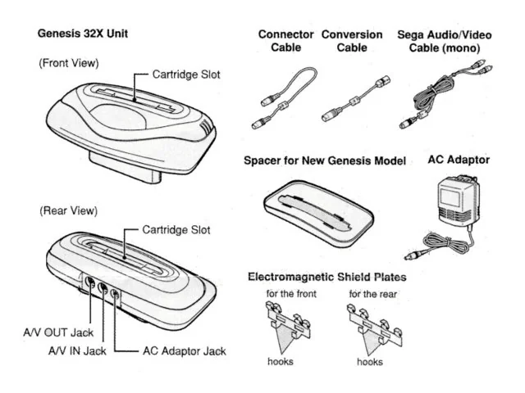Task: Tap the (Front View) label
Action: pyautogui.click(x=69, y=62)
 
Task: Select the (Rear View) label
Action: pyautogui.click(x=68, y=210)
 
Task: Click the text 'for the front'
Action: pyautogui.click(x=286, y=293)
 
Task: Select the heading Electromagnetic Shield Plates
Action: pyautogui.click(x=326, y=277)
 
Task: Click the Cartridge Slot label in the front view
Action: pyautogui.click(x=186, y=74)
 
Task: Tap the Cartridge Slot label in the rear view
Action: pyautogui.click(x=176, y=229)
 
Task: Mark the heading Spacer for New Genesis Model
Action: pyautogui.click(x=325, y=160)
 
